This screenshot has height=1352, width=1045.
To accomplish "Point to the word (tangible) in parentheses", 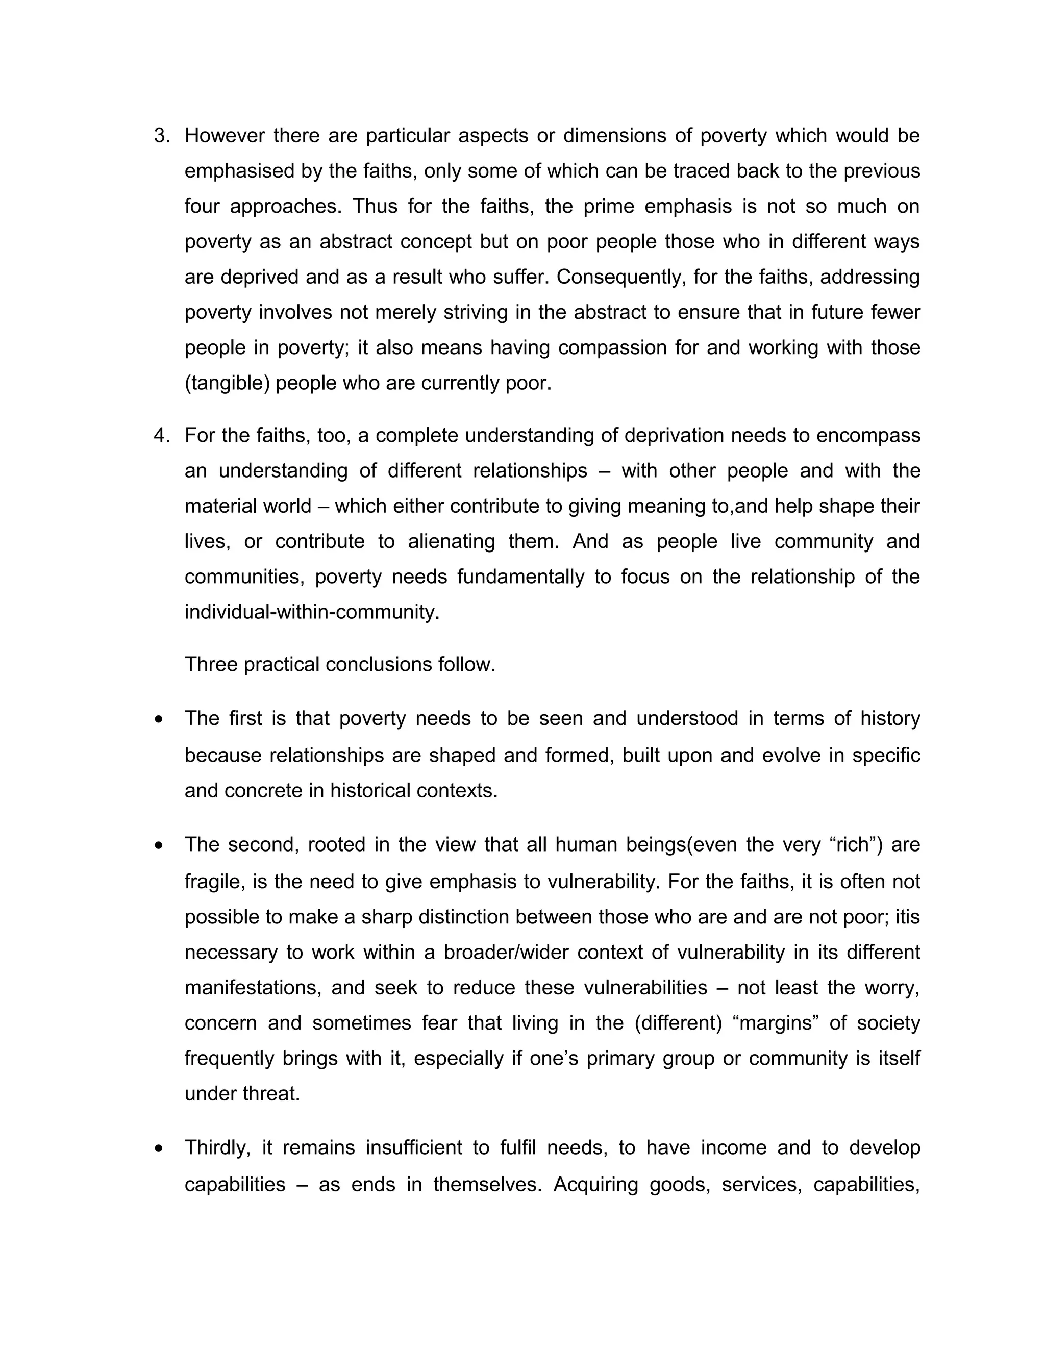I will coord(227,383).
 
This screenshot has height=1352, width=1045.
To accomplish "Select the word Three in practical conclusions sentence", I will coord(211,665).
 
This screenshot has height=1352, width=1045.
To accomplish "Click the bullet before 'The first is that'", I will coord(160,720).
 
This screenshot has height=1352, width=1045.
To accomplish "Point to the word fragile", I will coord(209,882).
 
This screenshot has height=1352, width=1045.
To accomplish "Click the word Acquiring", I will coord(595,1184).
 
